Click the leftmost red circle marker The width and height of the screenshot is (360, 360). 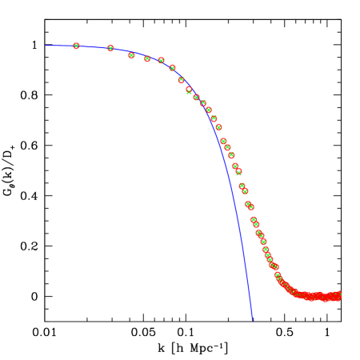76,46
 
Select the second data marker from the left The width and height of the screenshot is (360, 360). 110,49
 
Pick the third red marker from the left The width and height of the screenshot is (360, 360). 131,55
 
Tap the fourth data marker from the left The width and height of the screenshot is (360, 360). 147,58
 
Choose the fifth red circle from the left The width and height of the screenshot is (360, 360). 161,60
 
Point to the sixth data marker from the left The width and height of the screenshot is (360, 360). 172,68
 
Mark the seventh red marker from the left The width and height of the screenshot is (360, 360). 181,80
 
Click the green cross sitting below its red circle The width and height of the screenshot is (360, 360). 190,94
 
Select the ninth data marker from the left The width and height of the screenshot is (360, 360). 196,98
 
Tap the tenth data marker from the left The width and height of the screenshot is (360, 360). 202,103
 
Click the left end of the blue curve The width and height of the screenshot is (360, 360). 46,46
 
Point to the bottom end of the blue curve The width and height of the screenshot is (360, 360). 252,320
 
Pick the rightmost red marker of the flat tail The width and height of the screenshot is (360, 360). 338,295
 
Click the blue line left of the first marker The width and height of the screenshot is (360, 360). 60,46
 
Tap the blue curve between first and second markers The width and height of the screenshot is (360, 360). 94,46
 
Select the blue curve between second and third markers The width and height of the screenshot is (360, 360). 121,50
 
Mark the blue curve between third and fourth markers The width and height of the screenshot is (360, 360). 139,55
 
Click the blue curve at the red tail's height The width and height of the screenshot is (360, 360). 249,296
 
